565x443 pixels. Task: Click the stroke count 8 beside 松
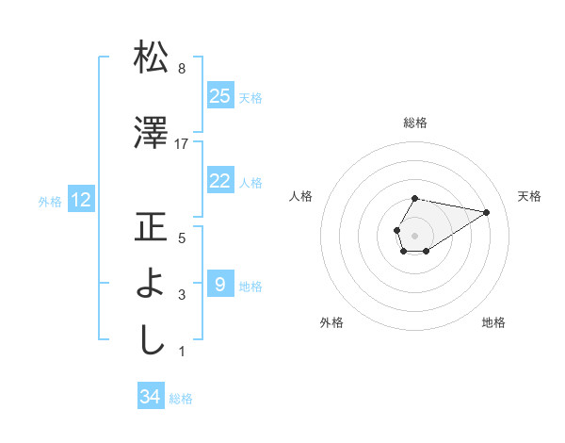point(182,69)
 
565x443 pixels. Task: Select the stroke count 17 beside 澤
point(182,143)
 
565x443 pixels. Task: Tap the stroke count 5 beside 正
point(182,238)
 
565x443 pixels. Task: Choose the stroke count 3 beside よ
point(182,295)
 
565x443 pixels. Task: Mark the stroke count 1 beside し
point(182,352)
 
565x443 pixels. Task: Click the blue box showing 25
point(219,96)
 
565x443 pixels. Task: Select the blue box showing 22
point(219,181)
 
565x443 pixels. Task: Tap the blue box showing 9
point(219,284)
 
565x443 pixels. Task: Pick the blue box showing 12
point(81,200)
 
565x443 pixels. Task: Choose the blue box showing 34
point(150,397)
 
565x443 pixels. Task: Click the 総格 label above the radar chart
point(415,123)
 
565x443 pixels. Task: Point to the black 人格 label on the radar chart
point(301,196)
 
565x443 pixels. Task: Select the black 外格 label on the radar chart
point(331,322)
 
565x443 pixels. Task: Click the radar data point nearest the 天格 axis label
point(487,212)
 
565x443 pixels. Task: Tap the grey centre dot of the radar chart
point(414,233)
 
